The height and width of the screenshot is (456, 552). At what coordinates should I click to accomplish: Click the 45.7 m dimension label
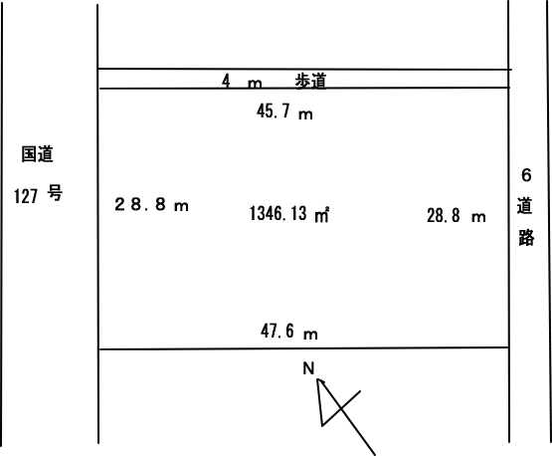point(284,112)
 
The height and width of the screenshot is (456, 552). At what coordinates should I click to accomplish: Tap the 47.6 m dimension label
point(289,332)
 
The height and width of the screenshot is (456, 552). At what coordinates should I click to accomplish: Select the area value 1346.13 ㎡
point(289,214)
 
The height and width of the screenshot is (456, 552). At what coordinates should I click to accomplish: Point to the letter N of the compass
point(308,368)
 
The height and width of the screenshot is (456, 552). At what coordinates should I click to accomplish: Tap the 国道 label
point(38,154)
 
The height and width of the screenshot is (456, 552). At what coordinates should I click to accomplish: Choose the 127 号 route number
point(38,195)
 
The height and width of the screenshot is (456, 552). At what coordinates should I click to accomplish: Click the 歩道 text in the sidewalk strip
point(311,81)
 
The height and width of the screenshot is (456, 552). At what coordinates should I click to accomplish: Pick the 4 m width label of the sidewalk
point(242,82)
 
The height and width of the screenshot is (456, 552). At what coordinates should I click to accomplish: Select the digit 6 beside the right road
point(526,175)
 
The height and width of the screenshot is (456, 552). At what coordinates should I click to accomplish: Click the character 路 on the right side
point(526,237)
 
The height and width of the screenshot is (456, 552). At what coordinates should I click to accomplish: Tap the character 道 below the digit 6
point(524,206)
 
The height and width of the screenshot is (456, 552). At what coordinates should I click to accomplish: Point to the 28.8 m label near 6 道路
point(457,216)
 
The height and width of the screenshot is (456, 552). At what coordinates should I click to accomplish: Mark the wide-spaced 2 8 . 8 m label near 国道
point(151,204)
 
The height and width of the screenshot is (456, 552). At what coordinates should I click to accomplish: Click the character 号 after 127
point(55,193)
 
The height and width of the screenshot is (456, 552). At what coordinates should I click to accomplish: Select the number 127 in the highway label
point(26,196)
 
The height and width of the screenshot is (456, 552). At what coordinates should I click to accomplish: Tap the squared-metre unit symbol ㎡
point(322,215)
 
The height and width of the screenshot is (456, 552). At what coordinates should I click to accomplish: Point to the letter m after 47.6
point(310,335)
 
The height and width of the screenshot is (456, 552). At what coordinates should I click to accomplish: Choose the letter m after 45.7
point(305,114)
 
